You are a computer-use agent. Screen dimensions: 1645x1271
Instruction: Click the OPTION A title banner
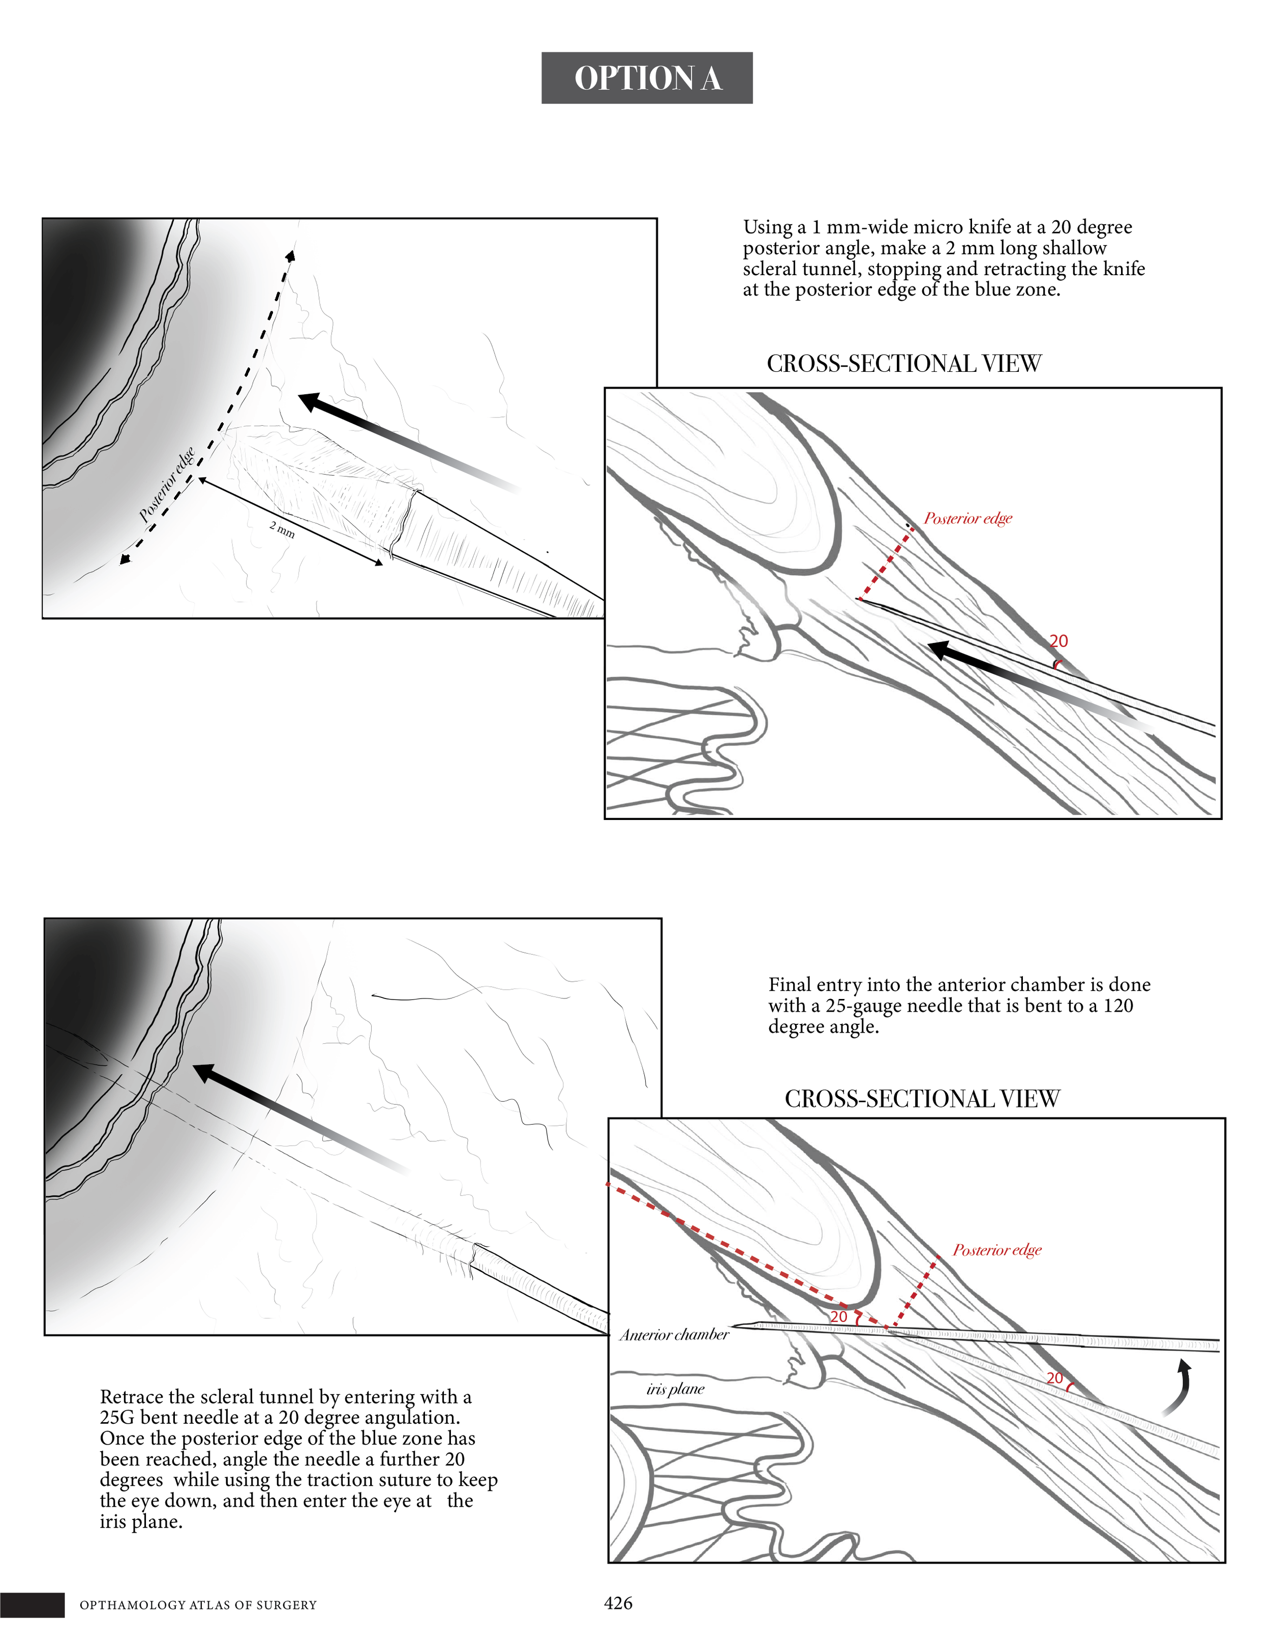pos(647,78)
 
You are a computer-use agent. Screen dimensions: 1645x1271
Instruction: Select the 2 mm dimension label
pos(282,530)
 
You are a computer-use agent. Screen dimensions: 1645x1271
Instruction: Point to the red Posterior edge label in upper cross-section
pos(967,518)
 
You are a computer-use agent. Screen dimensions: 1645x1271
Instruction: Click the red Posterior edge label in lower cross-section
pos(997,1250)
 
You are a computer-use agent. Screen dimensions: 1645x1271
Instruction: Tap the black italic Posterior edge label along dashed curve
pos(167,484)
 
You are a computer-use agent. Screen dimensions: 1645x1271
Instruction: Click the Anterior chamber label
pos(674,1335)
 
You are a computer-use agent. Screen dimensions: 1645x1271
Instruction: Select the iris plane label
pos(675,1389)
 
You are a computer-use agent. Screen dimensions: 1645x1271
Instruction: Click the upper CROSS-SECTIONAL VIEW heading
pos(903,364)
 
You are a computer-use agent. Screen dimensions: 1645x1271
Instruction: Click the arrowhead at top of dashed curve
pos(291,256)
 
